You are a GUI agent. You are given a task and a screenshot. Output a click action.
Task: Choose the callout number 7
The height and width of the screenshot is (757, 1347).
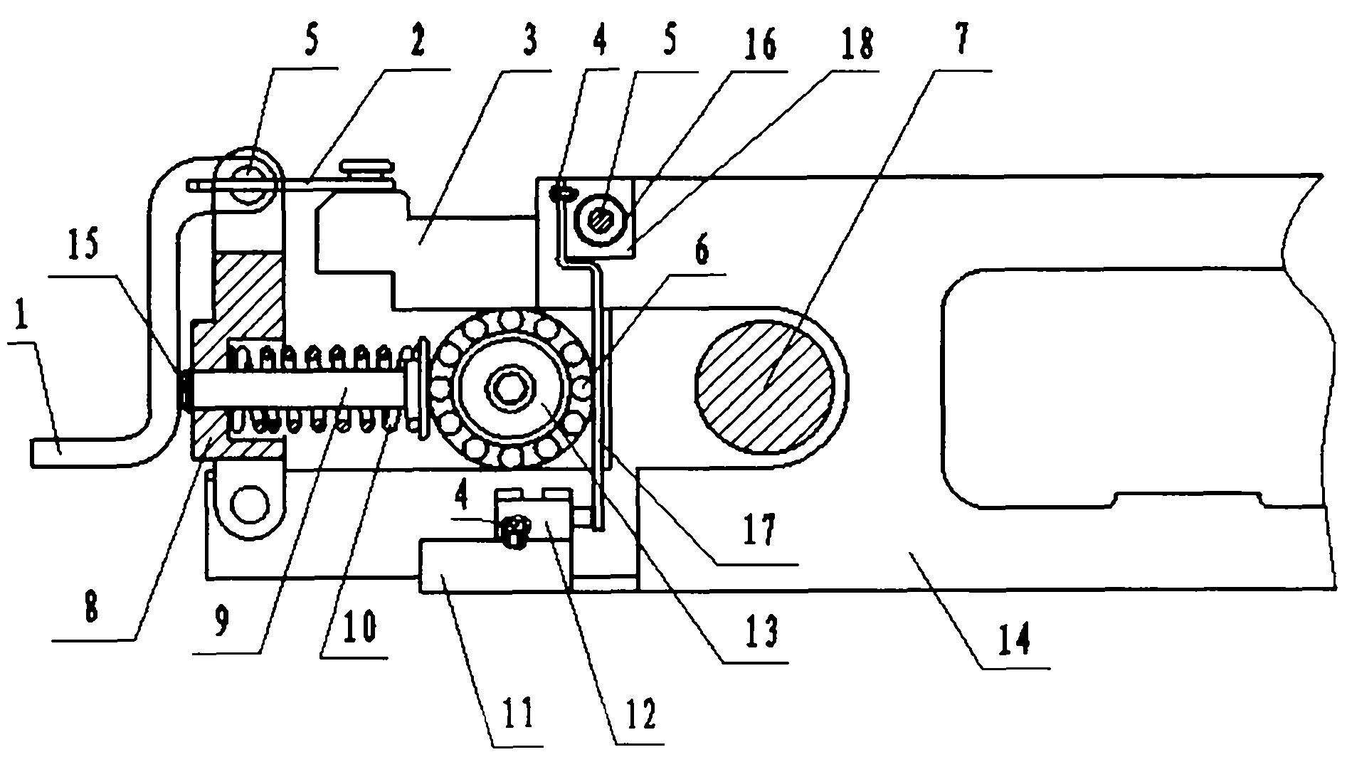pyautogui.click(x=961, y=41)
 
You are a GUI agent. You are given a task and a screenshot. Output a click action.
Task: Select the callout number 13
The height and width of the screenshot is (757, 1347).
pyautogui.click(x=759, y=631)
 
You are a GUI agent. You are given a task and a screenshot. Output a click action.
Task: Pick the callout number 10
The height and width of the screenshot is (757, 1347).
pyautogui.click(x=362, y=629)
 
